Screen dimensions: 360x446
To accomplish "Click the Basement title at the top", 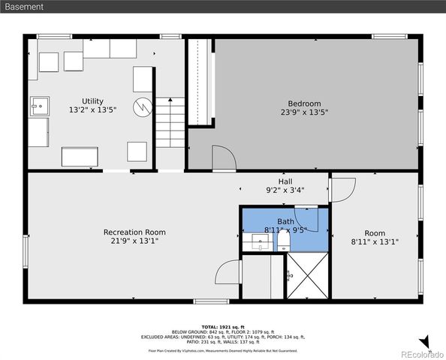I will [x=23, y=7].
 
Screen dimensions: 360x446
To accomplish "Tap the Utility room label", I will [x=92, y=101].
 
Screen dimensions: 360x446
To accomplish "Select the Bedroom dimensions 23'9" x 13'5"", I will [x=304, y=112].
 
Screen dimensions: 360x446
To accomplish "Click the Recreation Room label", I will [x=134, y=232].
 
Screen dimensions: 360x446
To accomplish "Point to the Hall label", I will [x=285, y=181].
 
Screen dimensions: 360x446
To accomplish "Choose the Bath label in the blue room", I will [x=285, y=221].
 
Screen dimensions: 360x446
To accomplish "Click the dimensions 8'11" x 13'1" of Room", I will [x=374, y=241].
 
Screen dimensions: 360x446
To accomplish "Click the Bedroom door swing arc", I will [x=222, y=157].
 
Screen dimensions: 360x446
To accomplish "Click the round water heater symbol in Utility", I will [x=143, y=107].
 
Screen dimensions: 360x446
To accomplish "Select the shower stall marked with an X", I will [x=306, y=276].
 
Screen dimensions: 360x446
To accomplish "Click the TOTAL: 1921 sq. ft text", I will [x=222, y=327].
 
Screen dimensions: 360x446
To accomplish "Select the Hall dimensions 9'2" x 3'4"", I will [x=285, y=190].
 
